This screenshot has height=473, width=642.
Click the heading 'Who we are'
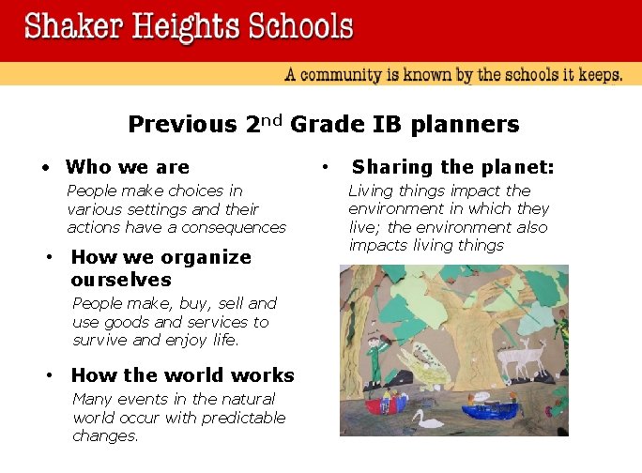click(127, 167)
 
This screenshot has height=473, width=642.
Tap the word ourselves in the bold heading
click(120, 280)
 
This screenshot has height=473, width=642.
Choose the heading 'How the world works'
click(182, 375)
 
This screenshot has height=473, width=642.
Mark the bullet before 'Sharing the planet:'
click(324, 167)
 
